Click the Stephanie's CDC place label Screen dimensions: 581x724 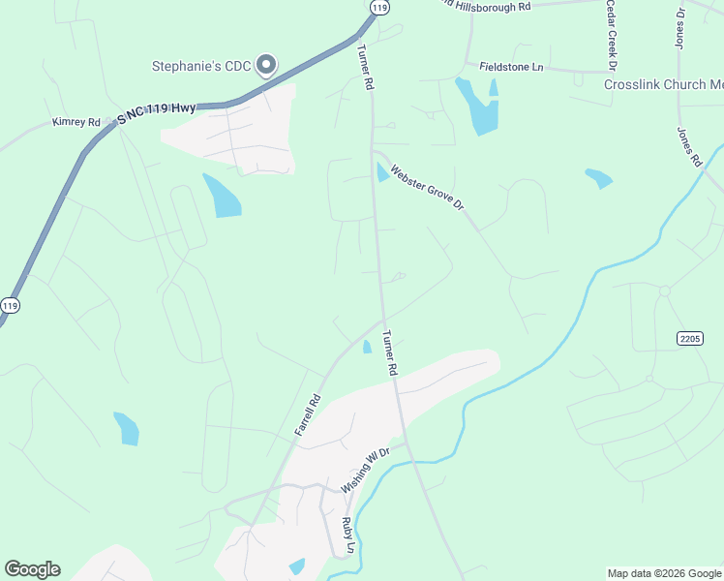point(201,66)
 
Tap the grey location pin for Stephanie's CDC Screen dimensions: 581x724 point(267,65)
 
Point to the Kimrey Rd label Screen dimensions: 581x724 point(76,123)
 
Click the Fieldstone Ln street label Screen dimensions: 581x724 point(512,66)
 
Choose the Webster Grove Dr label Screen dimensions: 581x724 point(428,190)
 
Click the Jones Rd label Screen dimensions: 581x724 point(688,146)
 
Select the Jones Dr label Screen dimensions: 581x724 point(679,23)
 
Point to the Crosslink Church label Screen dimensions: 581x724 point(663,84)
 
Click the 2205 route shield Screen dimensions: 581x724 point(689,337)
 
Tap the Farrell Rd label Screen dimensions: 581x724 point(307,413)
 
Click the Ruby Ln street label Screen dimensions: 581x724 point(347,534)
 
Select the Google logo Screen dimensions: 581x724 point(32,569)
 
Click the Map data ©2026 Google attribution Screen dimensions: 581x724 point(663,573)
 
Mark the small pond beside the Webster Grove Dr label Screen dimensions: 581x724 point(382,173)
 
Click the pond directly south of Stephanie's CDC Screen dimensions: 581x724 point(223,196)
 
